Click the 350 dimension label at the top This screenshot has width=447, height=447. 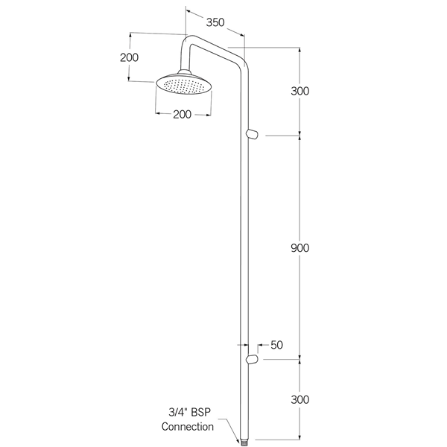(x=215, y=22)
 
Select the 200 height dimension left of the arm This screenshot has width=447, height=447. (x=130, y=58)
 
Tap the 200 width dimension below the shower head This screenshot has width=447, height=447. (x=182, y=114)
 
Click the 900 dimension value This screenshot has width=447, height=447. (x=300, y=247)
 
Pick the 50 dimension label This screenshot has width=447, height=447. (x=276, y=345)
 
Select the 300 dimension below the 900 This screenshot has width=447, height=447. (x=300, y=399)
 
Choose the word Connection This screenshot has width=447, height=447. (x=188, y=427)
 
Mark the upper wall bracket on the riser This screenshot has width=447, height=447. (x=252, y=134)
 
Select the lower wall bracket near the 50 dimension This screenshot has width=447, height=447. (x=252, y=360)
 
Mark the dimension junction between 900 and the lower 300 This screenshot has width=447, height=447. (x=300, y=360)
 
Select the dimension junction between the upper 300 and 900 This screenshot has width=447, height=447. (x=300, y=135)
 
